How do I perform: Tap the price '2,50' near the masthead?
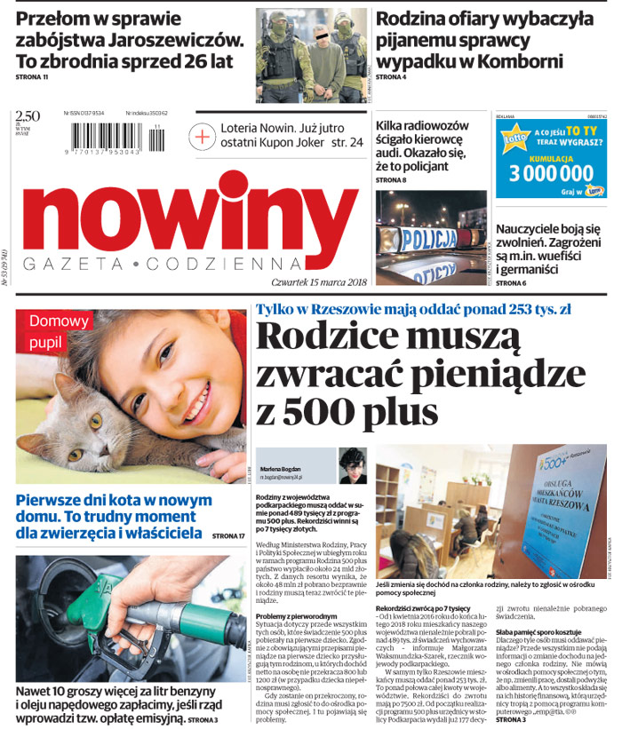tap(28, 115)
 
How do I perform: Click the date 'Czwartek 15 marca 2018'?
tap(319, 281)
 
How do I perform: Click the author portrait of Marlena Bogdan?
tap(352, 464)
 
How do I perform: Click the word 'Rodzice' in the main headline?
tap(323, 337)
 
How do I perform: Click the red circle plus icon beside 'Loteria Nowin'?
tap(203, 136)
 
